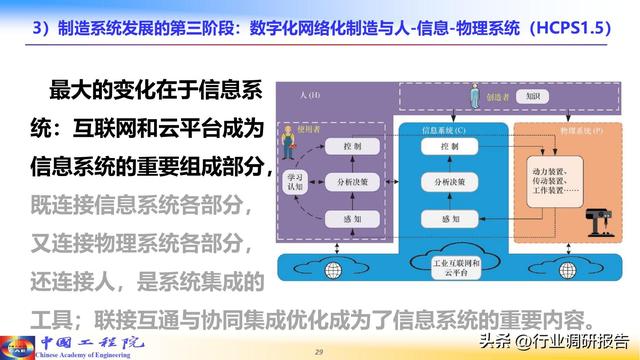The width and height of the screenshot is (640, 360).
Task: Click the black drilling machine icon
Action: [x=597, y=206]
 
